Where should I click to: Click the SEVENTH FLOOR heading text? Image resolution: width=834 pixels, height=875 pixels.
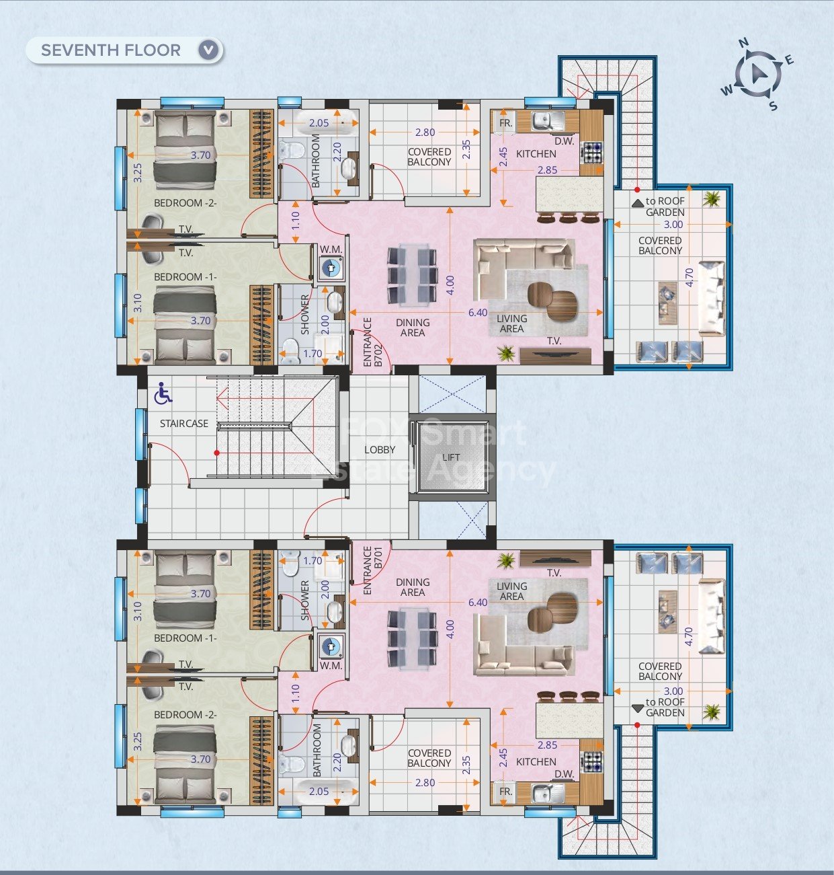[x=111, y=50]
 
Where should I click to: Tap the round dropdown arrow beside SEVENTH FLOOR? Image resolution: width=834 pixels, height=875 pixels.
[x=208, y=50]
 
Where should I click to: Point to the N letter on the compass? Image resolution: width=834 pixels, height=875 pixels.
[x=743, y=43]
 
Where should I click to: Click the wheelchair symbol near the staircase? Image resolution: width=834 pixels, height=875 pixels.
[x=163, y=395]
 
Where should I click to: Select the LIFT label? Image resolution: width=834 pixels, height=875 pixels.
[x=451, y=457]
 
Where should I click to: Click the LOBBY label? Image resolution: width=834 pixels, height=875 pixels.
[x=380, y=450]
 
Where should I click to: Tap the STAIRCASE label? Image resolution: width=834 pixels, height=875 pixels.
[x=183, y=424]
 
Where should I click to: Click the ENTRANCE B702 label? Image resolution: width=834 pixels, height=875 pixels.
[x=372, y=342]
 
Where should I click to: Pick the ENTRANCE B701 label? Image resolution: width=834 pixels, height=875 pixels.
[x=372, y=570]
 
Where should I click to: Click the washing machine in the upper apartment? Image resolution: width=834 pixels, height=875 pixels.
[x=331, y=268]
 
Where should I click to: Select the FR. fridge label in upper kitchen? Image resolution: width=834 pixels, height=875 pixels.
[x=506, y=123]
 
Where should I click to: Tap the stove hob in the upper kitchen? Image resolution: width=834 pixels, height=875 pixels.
[x=592, y=151]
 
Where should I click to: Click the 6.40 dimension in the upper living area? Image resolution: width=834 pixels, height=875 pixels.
[x=478, y=313]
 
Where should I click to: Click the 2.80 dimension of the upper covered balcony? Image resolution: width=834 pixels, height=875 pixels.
[x=425, y=132]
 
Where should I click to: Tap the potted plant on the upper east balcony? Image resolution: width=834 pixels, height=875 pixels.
[x=711, y=199]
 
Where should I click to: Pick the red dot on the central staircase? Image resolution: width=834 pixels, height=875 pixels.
[x=216, y=453]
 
